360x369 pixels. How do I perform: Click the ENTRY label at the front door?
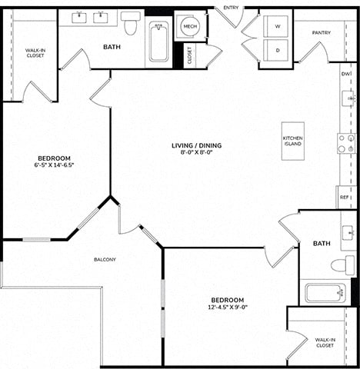(231, 8)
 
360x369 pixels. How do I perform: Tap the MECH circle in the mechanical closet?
(190, 26)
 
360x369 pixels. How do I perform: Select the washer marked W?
(275, 26)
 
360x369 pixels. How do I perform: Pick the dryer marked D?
(275, 50)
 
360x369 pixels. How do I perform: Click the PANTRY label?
(322, 33)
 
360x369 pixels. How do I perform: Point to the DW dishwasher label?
(346, 74)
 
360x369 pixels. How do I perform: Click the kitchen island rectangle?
(293, 141)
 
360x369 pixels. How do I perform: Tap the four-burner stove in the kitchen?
(346, 144)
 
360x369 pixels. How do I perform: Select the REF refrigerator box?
(346, 197)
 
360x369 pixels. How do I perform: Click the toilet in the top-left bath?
(131, 23)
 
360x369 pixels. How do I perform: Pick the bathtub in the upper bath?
(158, 42)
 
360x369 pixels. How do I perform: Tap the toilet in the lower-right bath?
(342, 265)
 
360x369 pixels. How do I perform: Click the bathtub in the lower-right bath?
(325, 293)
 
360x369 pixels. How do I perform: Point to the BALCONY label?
(105, 260)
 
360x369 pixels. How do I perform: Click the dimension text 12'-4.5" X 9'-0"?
(228, 307)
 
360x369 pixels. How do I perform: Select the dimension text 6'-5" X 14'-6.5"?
(54, 165)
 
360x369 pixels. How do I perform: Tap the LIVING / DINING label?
(197, 145)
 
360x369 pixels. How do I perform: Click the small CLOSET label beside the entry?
(189, 55)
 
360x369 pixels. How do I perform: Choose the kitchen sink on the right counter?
(348, 98)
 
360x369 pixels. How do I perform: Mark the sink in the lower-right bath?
(348, 233)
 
